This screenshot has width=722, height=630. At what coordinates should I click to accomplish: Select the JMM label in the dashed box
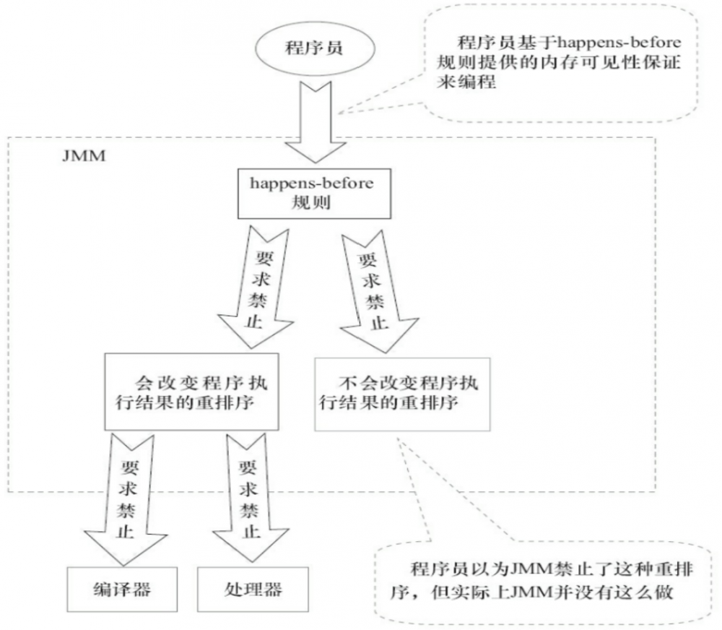pyautogui.click(x=84, y=155)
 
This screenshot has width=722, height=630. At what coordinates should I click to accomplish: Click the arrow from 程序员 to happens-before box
pyautogui.click(x=311, y=123)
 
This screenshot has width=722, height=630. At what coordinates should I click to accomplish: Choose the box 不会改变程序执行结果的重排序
pyautogui.click(x=401, y=391)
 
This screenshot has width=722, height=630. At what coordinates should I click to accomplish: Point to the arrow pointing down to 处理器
pyautogui.click(x=245, y=495)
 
